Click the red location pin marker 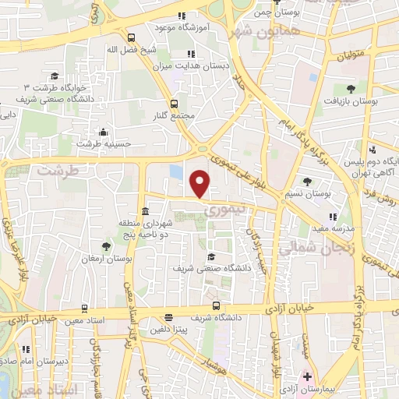click(201, 182)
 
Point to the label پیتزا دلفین click(168, 330)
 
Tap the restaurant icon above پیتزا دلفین click(168, 317)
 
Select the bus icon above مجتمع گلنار click(174, 103)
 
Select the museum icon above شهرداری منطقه click(146, 212)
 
